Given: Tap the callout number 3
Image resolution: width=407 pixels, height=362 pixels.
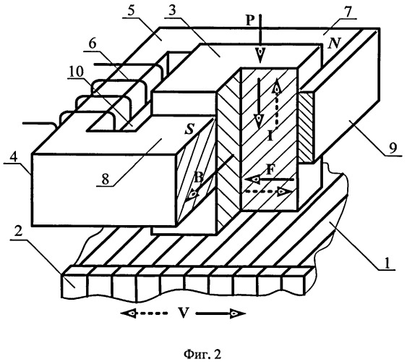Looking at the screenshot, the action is pos(171,11).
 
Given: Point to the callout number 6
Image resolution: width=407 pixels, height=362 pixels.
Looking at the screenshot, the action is pos(92,44).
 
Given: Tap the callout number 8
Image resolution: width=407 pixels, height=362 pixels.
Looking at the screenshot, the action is pos(105,180).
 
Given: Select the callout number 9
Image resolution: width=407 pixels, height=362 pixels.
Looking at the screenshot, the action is pos(393,148).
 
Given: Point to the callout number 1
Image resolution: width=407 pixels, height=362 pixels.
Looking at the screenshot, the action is pos(387,263).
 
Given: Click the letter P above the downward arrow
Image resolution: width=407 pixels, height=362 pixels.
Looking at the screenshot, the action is pos(250,20).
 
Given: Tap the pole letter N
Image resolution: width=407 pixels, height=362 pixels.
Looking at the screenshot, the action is pos(333,43).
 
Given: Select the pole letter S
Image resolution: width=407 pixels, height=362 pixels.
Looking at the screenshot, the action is pos(189,129).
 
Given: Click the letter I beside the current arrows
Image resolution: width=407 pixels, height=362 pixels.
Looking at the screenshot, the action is pos(270,135).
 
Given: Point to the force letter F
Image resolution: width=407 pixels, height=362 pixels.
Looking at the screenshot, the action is pos(270,170).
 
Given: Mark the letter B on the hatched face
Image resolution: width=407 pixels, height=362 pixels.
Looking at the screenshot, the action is pos(199,178).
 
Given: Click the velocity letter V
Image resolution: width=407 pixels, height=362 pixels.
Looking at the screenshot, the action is pos(182,313).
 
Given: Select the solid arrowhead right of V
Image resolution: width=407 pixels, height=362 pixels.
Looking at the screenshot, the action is pos(238,313).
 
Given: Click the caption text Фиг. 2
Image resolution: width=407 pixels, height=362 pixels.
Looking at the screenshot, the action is pos(202,354).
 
